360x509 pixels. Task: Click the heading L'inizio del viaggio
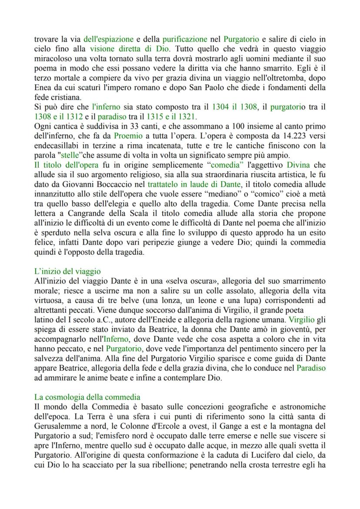[x=67, y=272]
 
